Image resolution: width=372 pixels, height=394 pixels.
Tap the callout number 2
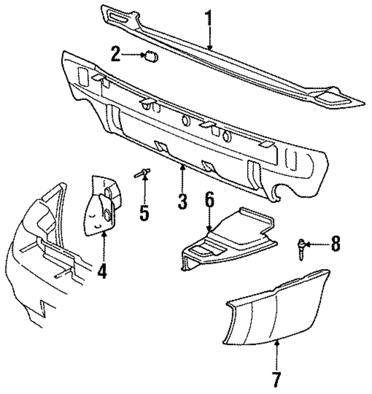click(116, 55)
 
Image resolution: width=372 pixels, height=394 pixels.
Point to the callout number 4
click(102, 271)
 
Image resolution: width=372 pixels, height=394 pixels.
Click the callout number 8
click(335, 243)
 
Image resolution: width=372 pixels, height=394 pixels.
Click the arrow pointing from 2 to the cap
click(133, 56)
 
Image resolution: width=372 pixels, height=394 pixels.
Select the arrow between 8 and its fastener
click(317, 244)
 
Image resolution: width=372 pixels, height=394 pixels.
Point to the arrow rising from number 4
click(103, 247)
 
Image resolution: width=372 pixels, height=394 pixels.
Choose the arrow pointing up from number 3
click(183, 177)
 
